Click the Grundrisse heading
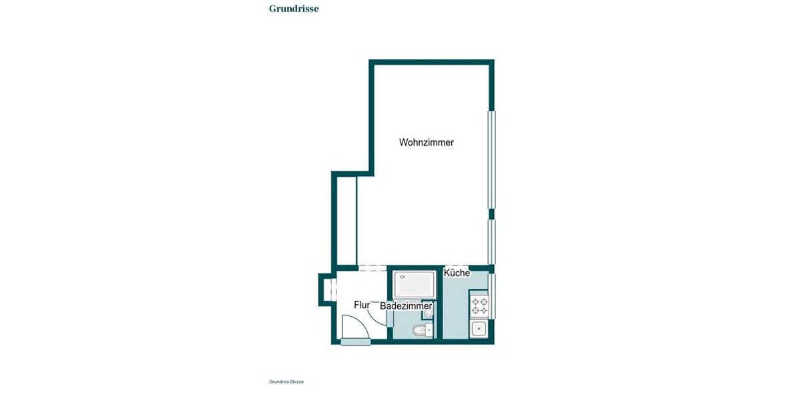[294, 9]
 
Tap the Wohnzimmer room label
[427, 142]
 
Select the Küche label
[457, 273]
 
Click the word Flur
[362, 305]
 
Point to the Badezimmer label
[406, 306]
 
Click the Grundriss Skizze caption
[286, 382]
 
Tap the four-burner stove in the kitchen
[479, 305]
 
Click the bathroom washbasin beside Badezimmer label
[429, 310]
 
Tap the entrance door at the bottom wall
[355, 342]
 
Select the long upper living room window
[492, 159]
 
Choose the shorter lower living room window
[492, 241]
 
